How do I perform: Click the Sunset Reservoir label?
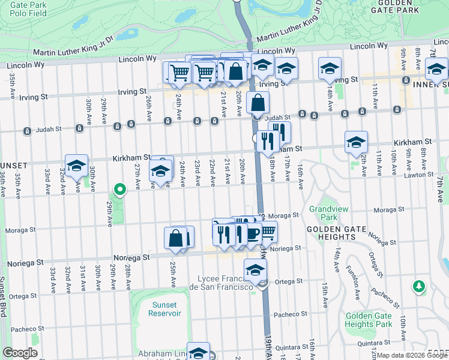point(164,309)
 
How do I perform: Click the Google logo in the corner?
point(20,353)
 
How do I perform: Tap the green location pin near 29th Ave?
point(120,190)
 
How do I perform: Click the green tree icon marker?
point(420,287)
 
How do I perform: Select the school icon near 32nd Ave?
point(77,166)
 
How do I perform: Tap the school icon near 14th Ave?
point(330,69)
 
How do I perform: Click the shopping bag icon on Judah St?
point(258,103)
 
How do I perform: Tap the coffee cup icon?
point(252,233)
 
